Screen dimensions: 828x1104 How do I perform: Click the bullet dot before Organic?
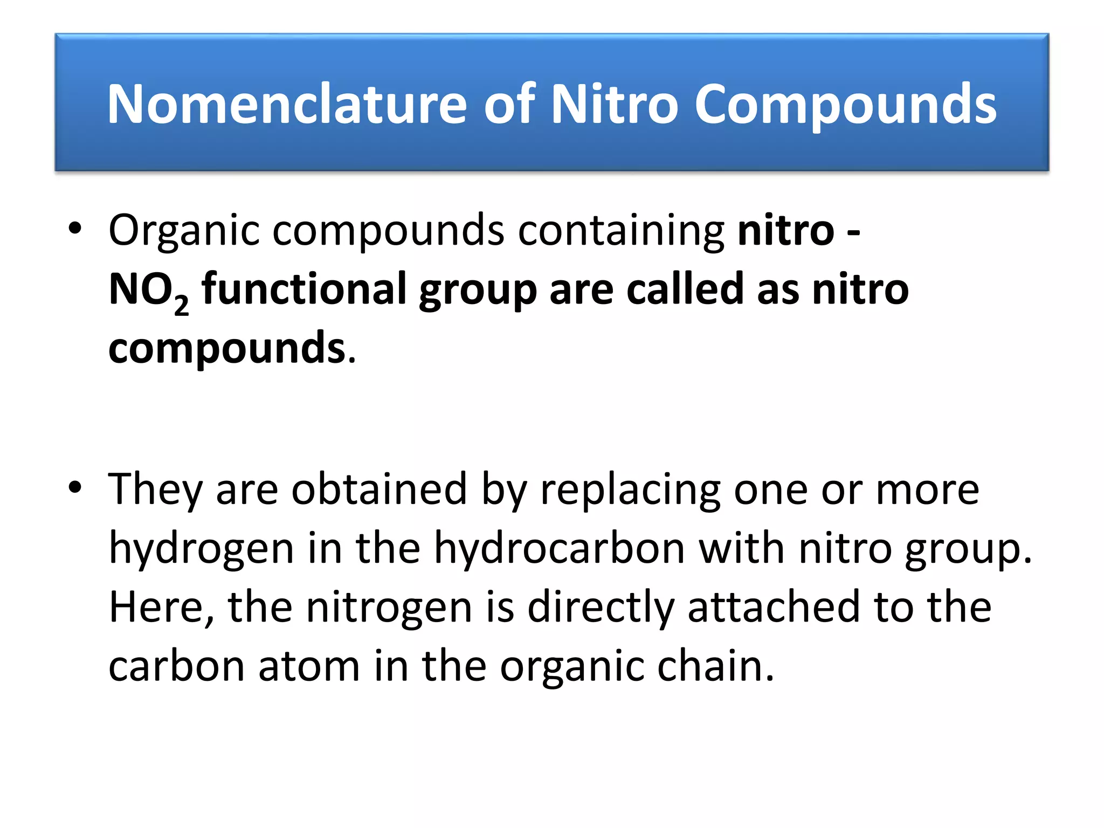75,229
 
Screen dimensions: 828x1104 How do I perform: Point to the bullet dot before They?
75,487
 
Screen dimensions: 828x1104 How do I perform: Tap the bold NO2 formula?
148,291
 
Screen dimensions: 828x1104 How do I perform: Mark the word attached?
774,608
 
